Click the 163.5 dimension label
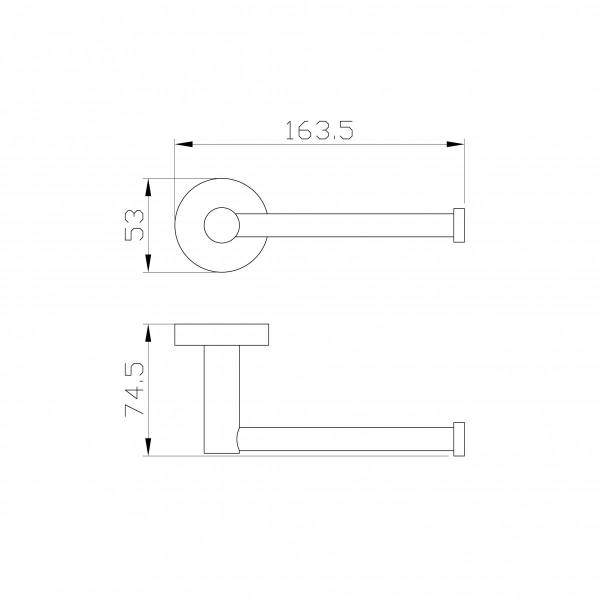pos(319,130)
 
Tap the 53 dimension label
pos(134,225)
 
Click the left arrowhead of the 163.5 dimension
pos(183,144)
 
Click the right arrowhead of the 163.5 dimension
pos(455,144)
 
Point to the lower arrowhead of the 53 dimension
pos(148,263)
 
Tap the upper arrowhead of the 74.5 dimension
pos(148,333)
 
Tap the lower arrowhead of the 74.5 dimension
pos(148,447)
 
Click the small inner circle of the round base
pos(221,207)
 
